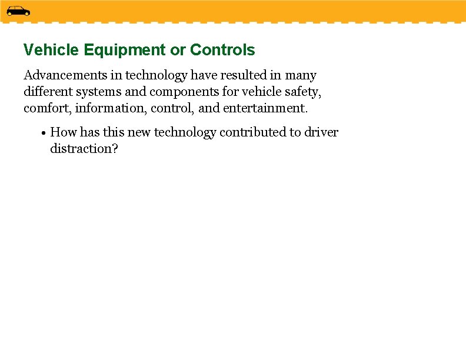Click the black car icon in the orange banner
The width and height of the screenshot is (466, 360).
click(18, 11)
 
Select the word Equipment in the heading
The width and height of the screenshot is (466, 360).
click(125, 50)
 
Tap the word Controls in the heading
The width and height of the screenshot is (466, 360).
click(222, 50)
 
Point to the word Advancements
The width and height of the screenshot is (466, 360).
click(62, 75)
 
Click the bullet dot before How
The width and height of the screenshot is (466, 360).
click(44, 133)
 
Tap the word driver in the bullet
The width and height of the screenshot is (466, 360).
click(321, 132)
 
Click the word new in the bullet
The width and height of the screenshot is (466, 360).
click(139, 132)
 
